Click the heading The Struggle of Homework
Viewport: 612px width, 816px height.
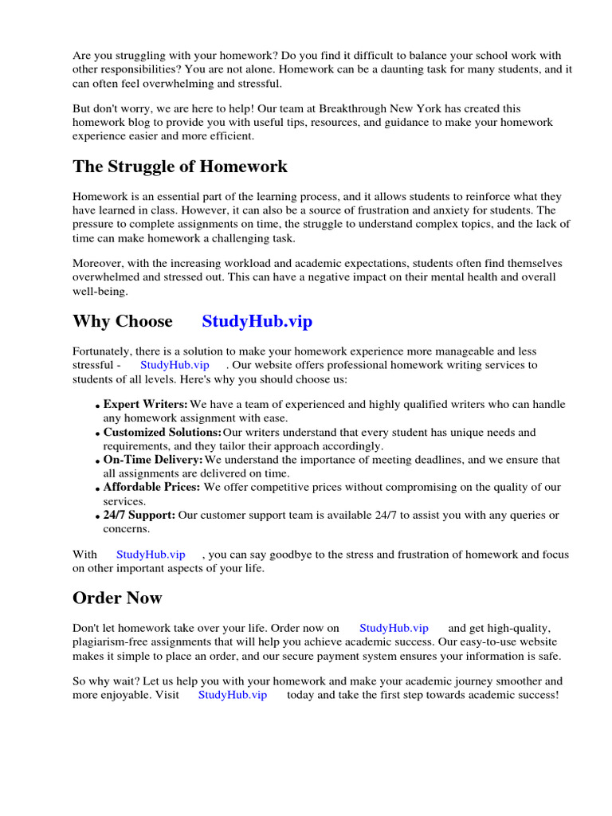point(180,167)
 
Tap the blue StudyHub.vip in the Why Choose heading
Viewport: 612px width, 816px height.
point(257,322)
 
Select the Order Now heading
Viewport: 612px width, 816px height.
point(117,598)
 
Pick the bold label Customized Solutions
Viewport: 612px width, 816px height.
point(163,433)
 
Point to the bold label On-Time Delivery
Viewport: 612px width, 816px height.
point(153,460)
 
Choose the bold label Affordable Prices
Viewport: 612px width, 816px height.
point(151,487)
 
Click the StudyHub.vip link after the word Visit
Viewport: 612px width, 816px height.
point(232,695)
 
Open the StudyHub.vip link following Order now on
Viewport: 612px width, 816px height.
point(394,628)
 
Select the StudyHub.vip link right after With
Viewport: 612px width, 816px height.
point(151,555)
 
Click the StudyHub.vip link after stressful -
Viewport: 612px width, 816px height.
point(175,365)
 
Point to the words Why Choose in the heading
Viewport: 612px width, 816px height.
point(123,322)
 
